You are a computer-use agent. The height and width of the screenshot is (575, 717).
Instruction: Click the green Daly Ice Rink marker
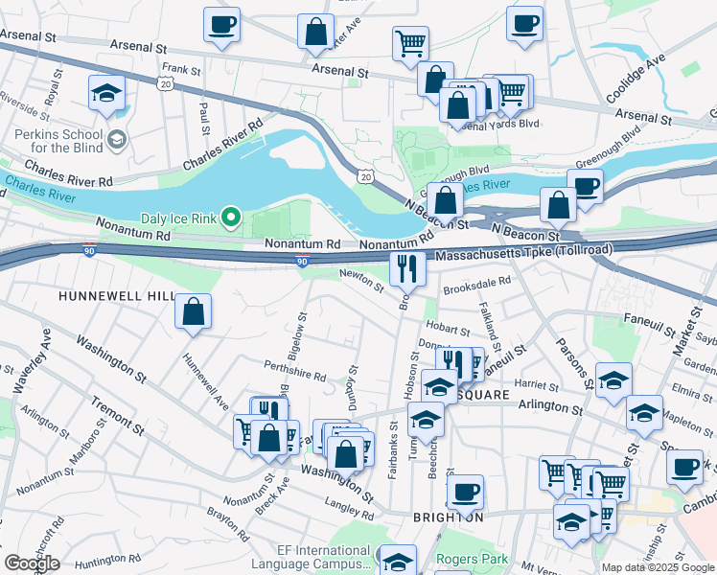pos(230,219)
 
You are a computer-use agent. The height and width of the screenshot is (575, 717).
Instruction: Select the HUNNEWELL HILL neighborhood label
pos(117,297)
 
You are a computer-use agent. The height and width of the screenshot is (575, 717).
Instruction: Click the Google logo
pos(32,563)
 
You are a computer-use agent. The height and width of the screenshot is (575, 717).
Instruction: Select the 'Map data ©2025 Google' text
pos(658,567)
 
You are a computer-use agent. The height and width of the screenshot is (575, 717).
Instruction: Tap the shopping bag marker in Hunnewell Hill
pos(194,311)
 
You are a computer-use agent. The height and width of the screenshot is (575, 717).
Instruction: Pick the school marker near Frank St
pos(106,93)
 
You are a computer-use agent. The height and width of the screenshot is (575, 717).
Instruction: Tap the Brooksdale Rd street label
pos(476,285)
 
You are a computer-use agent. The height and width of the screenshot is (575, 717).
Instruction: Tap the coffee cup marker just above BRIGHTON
pos(465,493)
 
